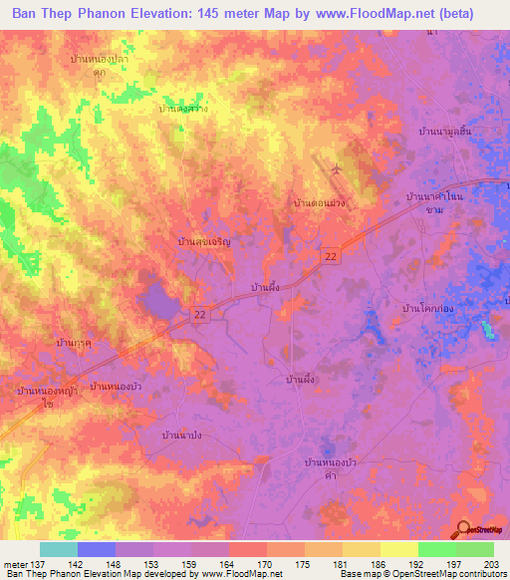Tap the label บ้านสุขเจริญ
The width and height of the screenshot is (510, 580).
[x=203, y=241]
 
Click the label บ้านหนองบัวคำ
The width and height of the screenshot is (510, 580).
[x=330, y=469]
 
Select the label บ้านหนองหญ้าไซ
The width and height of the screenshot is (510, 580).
[x=48, y=398]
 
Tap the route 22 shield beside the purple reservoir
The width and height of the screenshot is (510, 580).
[x=201, y=314]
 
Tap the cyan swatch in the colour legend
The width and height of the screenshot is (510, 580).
[x=58, y=549]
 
